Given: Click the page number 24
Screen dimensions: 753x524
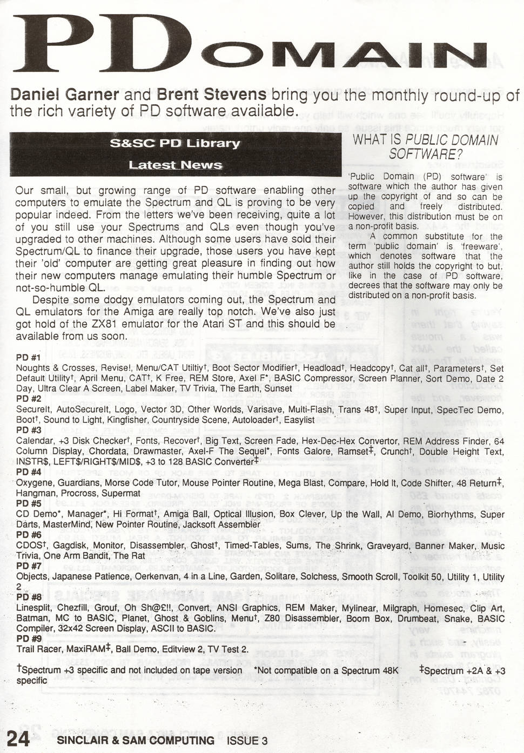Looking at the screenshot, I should [18, 738].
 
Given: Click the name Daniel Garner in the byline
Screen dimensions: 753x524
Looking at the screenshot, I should [65, 95].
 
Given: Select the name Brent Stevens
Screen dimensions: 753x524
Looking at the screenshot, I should [211, 95].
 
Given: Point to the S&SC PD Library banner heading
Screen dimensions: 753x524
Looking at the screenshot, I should [175, 144].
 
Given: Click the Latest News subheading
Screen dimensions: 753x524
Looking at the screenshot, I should [175, 165].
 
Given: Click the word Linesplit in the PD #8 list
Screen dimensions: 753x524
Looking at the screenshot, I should [34, 608].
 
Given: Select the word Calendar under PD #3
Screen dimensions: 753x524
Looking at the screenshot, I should [34, 441].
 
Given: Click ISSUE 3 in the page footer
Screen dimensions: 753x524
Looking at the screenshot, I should [247, 741].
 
